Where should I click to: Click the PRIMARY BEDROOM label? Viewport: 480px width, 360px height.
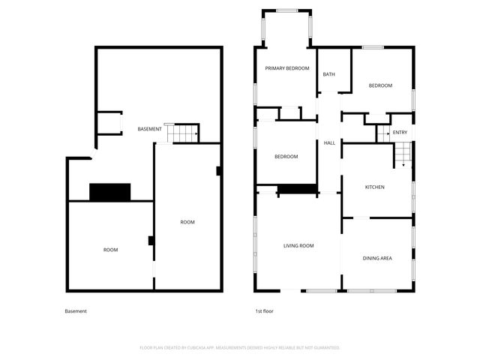pyautogui.click(x=287, y=68)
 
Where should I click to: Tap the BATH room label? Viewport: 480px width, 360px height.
pyautogui.click(x=328, y=74)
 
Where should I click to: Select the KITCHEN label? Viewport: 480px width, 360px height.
pyautogui.click(x=374, y=187)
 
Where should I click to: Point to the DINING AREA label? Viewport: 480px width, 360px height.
pyautogui.click(x=377, y=259)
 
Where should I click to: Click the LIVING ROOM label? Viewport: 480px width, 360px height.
pyautogui.click(x=298, y=246)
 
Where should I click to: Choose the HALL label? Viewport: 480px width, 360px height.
pyautogui.click(x=328, y=143)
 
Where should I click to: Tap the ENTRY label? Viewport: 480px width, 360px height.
pyautogui.click(x=400, y=133)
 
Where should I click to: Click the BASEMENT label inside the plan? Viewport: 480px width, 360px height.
pyautogui.click(x=149, y=130)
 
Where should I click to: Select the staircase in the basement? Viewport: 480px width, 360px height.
pyautogui.click(x=181, y=133)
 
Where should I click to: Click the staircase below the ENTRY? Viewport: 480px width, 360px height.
pyautogui.click(x=403, y=156)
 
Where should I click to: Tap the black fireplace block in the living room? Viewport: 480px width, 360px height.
pyautogui.click(x=297, y=190)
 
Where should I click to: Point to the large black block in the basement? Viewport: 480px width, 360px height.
pyautogui.click(x=110, y=192)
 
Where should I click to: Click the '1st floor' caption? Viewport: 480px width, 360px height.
pyautogui.click(x=265, y=311)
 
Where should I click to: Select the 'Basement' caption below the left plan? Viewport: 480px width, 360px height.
pyautogui.click(x=76, y=311)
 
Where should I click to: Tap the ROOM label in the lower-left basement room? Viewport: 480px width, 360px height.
pyautogui.click(x=110, y=250)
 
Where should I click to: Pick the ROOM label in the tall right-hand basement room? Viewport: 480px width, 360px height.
pyautogui.click(x=187, y=222)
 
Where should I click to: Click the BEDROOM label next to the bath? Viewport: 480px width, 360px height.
pyautogui.click(x=380, y=85)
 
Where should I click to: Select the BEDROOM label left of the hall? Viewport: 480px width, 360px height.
pyautogui.click(x=286, y=157)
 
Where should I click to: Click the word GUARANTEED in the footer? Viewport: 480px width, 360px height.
pyautogui.click(x=324, y=348)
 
